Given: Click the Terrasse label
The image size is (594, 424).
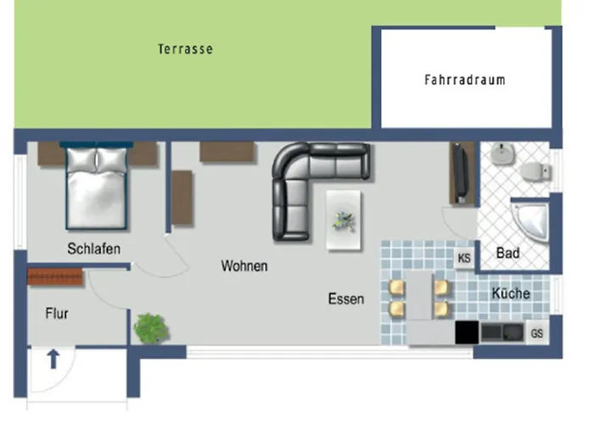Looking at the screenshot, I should pyautogui.click(x=185, y=49).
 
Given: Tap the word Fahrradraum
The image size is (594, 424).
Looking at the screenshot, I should pyautogui.click(x=464, y=81).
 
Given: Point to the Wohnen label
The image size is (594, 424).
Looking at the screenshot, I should pyautogui.click(x=244, y=265).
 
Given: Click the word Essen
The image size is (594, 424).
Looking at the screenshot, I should pyautogui.click(x=346, y=298).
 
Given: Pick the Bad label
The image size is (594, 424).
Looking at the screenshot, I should pyautogui.click(x=508, y=253).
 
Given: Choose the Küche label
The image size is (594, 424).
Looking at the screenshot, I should pyautogui.click(x=510, y=293).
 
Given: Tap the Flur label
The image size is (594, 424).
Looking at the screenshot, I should pyautogui.click(x=56, y=313).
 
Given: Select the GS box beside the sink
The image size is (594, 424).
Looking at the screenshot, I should pyautogui.click(x=536, y=333).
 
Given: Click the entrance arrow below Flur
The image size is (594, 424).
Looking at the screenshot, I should pyautogui.click(x=53, y=360).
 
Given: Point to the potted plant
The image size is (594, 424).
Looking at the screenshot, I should pyautogui.click(x=151, y=328).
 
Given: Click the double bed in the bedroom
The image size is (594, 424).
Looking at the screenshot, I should pyautogui.click(x=97, y=188).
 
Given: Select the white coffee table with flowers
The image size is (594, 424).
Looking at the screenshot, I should pyautogui.click(x=344, y=220).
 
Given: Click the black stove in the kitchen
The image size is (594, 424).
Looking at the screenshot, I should pyautogui.click(x=467, y=332).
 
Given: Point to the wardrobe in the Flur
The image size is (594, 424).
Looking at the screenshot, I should pyautogui.click(x=55, y=276).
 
